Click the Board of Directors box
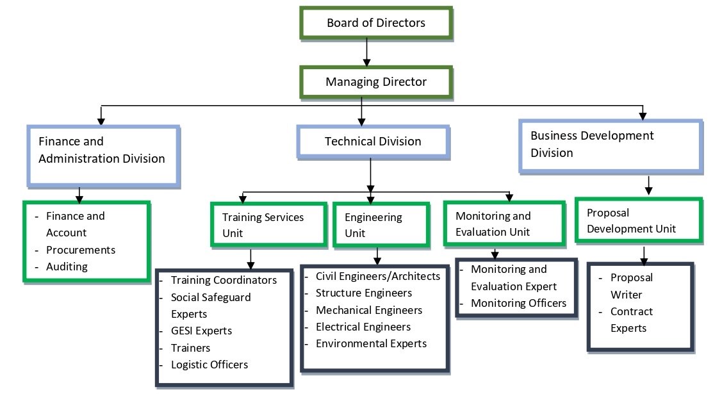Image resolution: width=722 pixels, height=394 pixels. coord(376,23)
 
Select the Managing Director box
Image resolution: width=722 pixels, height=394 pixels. coord(376,82)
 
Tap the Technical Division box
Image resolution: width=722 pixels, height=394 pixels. coord(373,142)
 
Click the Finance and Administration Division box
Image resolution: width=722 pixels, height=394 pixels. coord(103,150)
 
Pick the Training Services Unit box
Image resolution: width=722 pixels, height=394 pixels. coord(268,225)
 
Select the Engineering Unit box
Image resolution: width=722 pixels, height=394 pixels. coord(380,225)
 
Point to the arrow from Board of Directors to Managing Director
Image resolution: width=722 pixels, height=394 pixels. coord(366,52)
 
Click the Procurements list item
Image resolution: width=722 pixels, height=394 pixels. coord(81,250)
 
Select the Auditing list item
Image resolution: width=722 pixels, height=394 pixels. coord(67,267)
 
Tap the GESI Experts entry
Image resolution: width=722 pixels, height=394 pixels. coord(201,331)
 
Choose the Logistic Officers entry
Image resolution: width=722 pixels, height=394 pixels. coord(209,365)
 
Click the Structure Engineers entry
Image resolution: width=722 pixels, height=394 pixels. coord(364,293)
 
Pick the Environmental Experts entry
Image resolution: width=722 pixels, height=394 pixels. coord(371,343)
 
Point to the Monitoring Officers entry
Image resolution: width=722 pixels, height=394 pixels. coord(518,303)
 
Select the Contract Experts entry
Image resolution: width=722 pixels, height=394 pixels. coord(632,320)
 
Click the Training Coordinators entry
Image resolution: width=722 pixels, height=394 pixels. coord(224,281)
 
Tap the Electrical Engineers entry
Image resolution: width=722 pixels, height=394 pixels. coord(363,327)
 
